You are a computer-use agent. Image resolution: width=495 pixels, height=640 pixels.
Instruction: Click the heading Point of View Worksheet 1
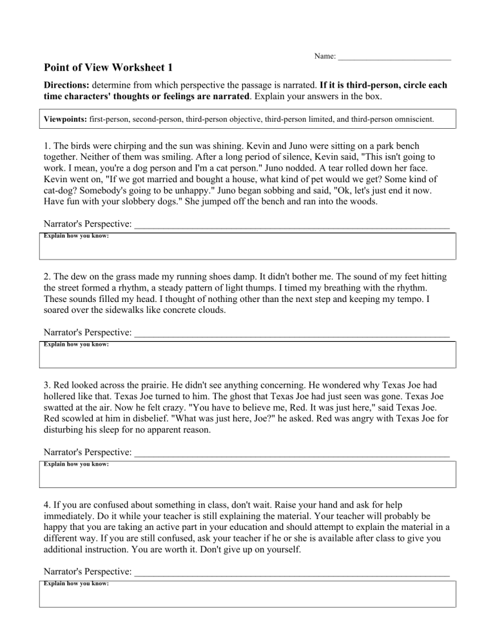tap(108, 68)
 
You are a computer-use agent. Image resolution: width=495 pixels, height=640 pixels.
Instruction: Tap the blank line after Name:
tap(394, 58)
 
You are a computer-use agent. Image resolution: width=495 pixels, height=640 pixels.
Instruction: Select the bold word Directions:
tap(66, 85)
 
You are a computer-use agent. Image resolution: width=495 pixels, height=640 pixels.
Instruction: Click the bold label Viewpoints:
tap(65, 119)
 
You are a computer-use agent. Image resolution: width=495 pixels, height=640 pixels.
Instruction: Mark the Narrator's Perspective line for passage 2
tap(291, 334)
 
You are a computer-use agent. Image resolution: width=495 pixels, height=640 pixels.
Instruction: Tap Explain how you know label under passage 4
tap(76, 583)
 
